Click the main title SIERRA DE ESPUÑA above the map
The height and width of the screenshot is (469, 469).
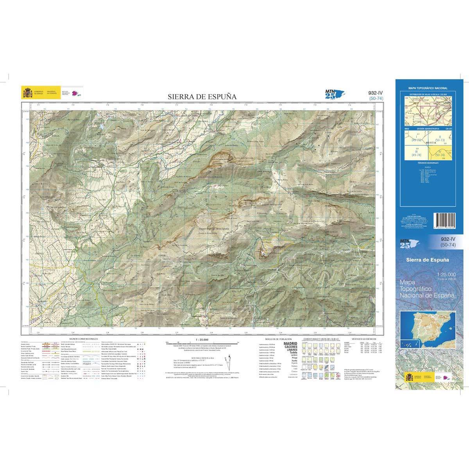(202, 97)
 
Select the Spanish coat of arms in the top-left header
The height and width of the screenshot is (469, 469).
(28, 93)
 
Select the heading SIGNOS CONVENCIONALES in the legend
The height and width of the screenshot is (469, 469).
(83, 339)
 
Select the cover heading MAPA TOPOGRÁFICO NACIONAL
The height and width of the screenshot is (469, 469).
(428, 89)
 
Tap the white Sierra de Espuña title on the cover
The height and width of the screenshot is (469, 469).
(427, 260)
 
